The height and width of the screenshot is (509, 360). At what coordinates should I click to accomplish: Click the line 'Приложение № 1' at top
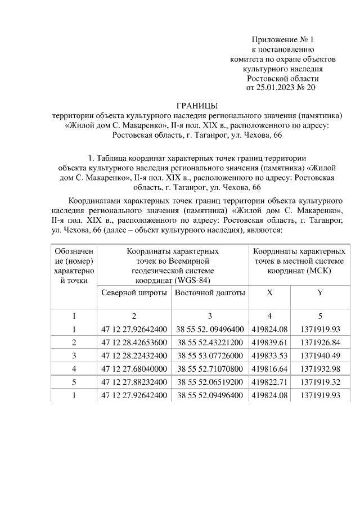282,40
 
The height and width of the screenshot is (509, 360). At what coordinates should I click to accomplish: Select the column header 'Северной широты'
134,293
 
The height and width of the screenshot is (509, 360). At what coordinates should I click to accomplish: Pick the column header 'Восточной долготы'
210,293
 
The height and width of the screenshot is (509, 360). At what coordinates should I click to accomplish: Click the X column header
269,293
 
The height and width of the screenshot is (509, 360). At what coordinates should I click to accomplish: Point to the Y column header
320,293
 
